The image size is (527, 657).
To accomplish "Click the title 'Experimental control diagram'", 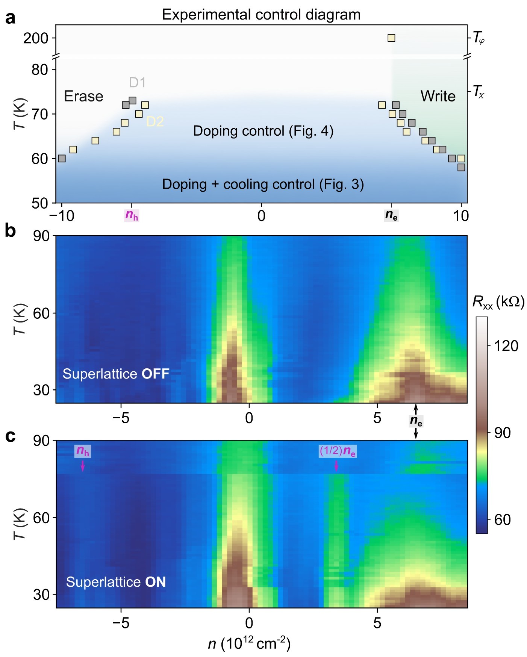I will point(261,15).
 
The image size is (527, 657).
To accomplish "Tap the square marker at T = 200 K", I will point(391,38).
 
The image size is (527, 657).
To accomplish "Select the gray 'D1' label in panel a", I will point(137,82).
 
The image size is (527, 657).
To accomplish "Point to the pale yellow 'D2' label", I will point(155,121).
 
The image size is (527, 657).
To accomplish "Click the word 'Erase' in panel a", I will point(83,97).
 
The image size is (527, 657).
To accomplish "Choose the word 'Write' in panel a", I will point(438,96).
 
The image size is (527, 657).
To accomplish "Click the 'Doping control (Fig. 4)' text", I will point(263,131).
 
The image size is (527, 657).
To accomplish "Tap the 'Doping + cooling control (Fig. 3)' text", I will point(263,184).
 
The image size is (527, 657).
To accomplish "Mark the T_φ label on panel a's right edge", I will point(479,38).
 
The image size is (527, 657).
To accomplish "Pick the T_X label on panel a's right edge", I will point(478,91).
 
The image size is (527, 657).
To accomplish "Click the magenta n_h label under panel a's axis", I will point(132,215).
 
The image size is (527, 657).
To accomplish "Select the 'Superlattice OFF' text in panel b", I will point(116,374).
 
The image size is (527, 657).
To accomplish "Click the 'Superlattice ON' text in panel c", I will point(116,582).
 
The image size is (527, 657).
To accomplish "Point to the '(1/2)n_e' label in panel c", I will point(338,451).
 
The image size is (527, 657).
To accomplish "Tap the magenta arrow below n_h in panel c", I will point(83,466).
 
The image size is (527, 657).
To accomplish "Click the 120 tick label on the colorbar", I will point(506,346).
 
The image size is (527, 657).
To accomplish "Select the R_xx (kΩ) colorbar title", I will point(498,302).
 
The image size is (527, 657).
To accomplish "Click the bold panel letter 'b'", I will point(10,230).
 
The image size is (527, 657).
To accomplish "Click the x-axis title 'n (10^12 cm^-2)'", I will point(249,644).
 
